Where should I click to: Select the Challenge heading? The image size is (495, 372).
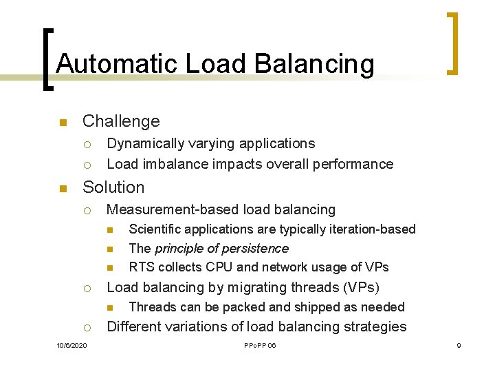pyautogui.click(x=121, y=121)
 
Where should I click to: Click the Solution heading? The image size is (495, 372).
pyautogui.click(x=113, y=187)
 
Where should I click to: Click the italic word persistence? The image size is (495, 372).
pyautogui.click(x=256, y=248)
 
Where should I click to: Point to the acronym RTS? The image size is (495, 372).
pyautogui.click(x=140, y=267)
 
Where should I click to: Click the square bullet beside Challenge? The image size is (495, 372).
pyautogui.click(x=63, y=123)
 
